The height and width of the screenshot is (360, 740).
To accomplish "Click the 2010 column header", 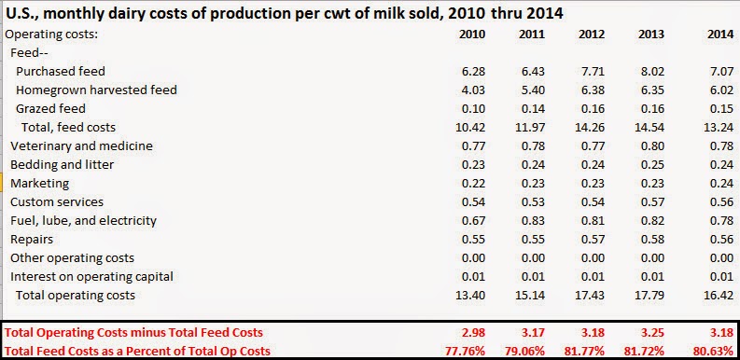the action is point(472,34).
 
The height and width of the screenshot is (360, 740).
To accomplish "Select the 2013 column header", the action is point(650,34).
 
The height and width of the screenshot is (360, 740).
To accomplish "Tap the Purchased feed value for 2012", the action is point(593,71).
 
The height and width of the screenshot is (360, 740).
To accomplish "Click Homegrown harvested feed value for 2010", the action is point(473,90).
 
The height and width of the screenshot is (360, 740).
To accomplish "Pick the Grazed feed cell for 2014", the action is point(722,108).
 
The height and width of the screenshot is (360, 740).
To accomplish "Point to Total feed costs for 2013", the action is point(649,128).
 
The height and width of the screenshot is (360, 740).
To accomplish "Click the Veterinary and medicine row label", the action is point(81,145).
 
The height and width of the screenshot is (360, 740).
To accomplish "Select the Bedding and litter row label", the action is point(62,165).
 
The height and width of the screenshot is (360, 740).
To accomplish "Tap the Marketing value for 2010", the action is point(473,183).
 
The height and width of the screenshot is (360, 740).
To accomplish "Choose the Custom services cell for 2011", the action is point(533,202).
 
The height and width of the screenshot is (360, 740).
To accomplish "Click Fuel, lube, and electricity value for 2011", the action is point(533,220).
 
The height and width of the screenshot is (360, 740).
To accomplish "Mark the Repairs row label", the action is point(32,239).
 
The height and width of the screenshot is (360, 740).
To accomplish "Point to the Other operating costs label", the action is point(72,258).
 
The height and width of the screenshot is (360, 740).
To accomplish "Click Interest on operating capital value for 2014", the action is point(722,276).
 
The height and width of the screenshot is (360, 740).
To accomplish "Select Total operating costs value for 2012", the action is point(589,296).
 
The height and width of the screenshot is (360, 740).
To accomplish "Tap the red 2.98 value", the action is point(473,333).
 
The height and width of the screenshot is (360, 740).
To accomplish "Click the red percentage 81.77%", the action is point(584,351).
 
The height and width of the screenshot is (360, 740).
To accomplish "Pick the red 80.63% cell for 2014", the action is point(714,351).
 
